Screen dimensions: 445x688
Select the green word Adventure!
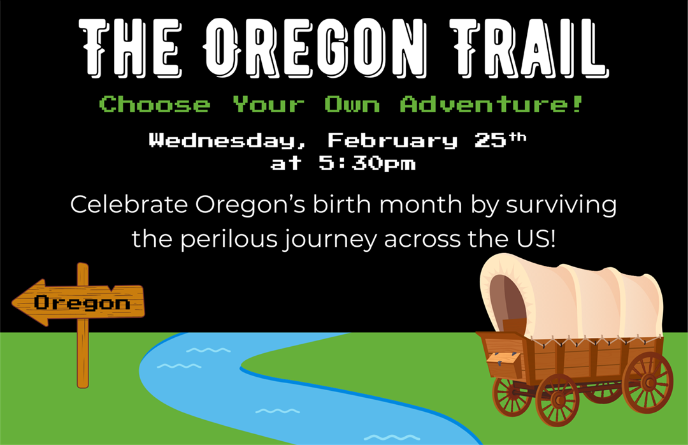(491, 104)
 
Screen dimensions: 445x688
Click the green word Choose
(155, 104)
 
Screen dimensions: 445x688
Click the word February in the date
(393, 141)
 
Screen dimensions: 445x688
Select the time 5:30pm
(367, 164)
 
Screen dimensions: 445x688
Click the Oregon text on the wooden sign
(82, 302)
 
